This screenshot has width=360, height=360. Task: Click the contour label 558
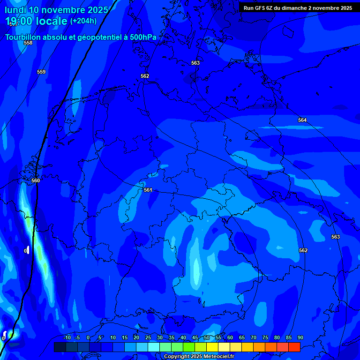(28, 43)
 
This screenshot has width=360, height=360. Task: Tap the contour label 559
(41, 72)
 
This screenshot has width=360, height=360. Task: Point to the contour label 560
(36, 180)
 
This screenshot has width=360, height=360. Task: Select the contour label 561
(148, 190)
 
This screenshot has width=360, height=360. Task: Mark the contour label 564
(302, 120)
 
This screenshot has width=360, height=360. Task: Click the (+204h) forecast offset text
(83, 21)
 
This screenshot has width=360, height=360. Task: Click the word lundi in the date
(15, 9)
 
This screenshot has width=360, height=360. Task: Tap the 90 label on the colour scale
(300, 337)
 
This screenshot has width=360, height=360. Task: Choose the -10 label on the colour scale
(67, 337)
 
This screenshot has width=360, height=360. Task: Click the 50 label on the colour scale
(207, 337)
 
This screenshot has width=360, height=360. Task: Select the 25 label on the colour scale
(148, 337)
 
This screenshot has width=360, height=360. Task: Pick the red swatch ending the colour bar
(294, 347)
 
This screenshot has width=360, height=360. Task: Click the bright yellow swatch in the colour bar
(212, 347)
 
